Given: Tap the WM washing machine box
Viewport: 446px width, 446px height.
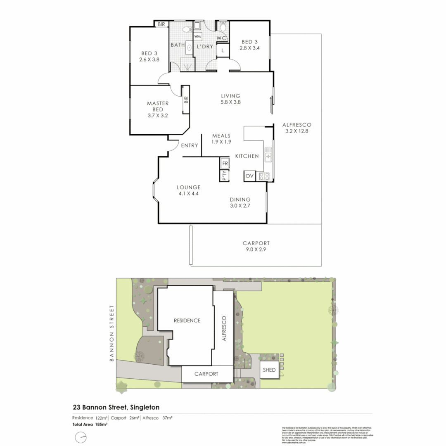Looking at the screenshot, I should tap(197, 37).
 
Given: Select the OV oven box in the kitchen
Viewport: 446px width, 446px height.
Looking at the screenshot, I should tap(249, 176).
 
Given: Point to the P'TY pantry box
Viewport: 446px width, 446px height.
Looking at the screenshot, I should tap(224, 176).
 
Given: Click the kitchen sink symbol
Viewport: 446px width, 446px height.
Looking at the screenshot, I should tap(268, 154).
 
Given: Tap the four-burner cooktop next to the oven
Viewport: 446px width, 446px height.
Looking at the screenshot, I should tap(264, 176).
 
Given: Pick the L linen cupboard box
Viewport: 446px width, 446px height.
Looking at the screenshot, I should tap(223, 50).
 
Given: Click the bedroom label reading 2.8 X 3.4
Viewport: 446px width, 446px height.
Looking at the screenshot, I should tap(250, 45).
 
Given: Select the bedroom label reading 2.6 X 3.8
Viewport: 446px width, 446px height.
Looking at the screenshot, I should tap(149, 56).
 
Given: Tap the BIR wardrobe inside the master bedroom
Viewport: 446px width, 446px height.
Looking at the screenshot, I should tap(186, 100).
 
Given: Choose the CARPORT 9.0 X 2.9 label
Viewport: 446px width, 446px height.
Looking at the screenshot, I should tap(256, 247).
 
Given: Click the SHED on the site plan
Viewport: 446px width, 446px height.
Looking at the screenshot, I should tap(269, 370).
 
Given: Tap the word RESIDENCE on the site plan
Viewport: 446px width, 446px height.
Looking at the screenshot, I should tap(187, 320).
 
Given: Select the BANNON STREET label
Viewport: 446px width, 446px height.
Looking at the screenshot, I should tap(111, 334).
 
